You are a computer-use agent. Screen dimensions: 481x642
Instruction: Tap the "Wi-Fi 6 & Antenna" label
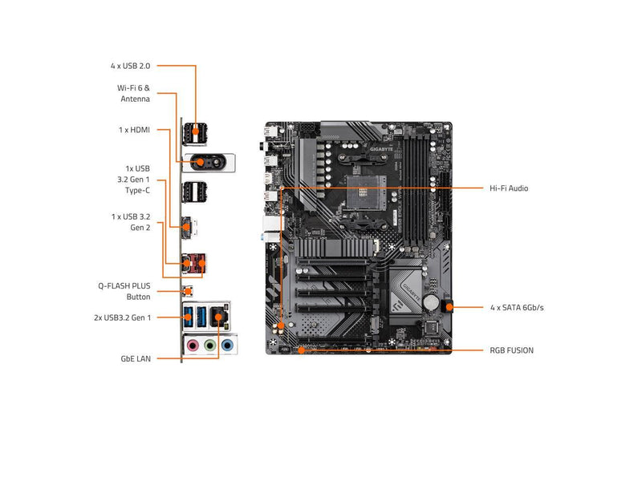point(133,93)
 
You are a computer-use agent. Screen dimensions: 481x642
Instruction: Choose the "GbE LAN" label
point(132,359)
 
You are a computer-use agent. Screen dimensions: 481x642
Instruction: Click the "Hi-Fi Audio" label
point(509,188)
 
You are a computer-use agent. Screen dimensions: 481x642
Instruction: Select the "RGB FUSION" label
point(511,350)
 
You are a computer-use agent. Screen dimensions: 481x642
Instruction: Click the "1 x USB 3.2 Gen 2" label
point(131,222)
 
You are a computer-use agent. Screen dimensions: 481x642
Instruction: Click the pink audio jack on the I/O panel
point(192,346)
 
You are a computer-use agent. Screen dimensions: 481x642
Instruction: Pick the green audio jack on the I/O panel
point(209,346)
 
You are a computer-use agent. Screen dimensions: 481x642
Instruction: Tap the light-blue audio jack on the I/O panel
point(227,346)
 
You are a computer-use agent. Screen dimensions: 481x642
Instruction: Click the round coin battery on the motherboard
point(432,303)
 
